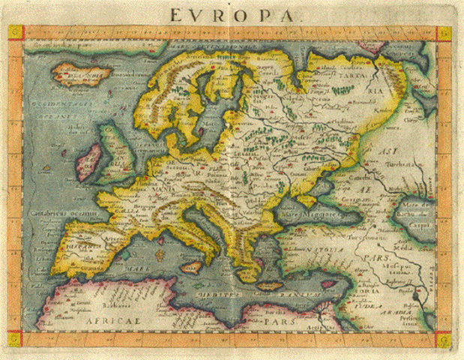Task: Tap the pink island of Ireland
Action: tap(88, 163)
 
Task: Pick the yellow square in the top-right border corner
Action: tap(445, 33)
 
